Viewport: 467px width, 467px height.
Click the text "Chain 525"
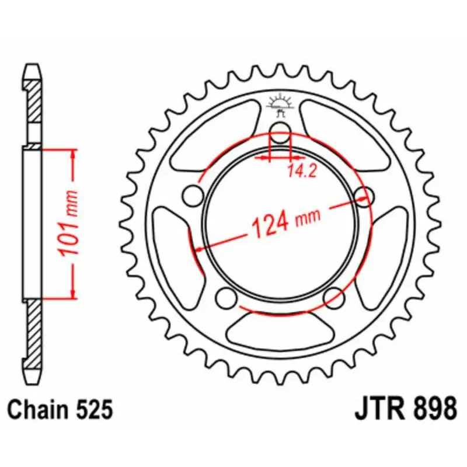pyautogui.click(x=61, y=409)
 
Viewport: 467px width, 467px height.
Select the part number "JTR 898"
pyautogui.click(x=405, y=408)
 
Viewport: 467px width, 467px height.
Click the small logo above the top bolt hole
pyautogui.click(x=279, y=103)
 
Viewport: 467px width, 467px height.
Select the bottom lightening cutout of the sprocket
pyautogui.click(x=279, y=330)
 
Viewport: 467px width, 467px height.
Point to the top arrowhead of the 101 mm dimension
pyautogui.click(x=74, y=154)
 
